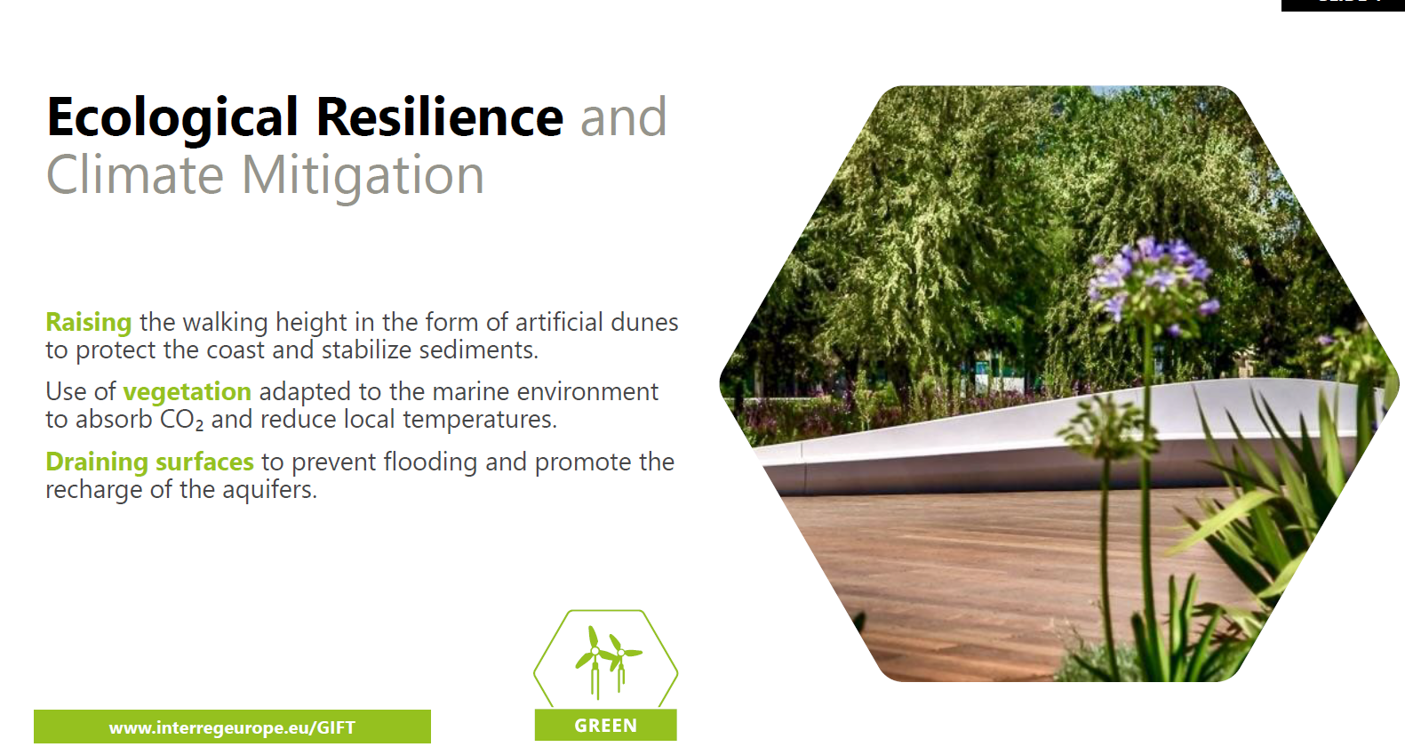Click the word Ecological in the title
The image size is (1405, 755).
pyautogui.click(x=172, y=117)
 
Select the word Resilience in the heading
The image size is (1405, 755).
pyautogui.click(x=440, y=116)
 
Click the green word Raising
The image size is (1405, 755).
pyautogui.click(x=89, y=323)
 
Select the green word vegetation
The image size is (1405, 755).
pyautogui.click(x=187, y=392)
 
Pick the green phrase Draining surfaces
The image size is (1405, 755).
pyautogui.click(x=150, y=462)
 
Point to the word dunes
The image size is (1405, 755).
pyautogui.click(x=645, y=322)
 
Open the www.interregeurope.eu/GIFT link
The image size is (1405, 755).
pyautogui.click(x=232, y=727)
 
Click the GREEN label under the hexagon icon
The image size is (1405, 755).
pyautogui.click(x=605, y=726)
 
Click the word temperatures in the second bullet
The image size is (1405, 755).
pyautogui.click(x=480, y=420)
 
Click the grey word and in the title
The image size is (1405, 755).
pyautogui.click(x=624, y=117)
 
